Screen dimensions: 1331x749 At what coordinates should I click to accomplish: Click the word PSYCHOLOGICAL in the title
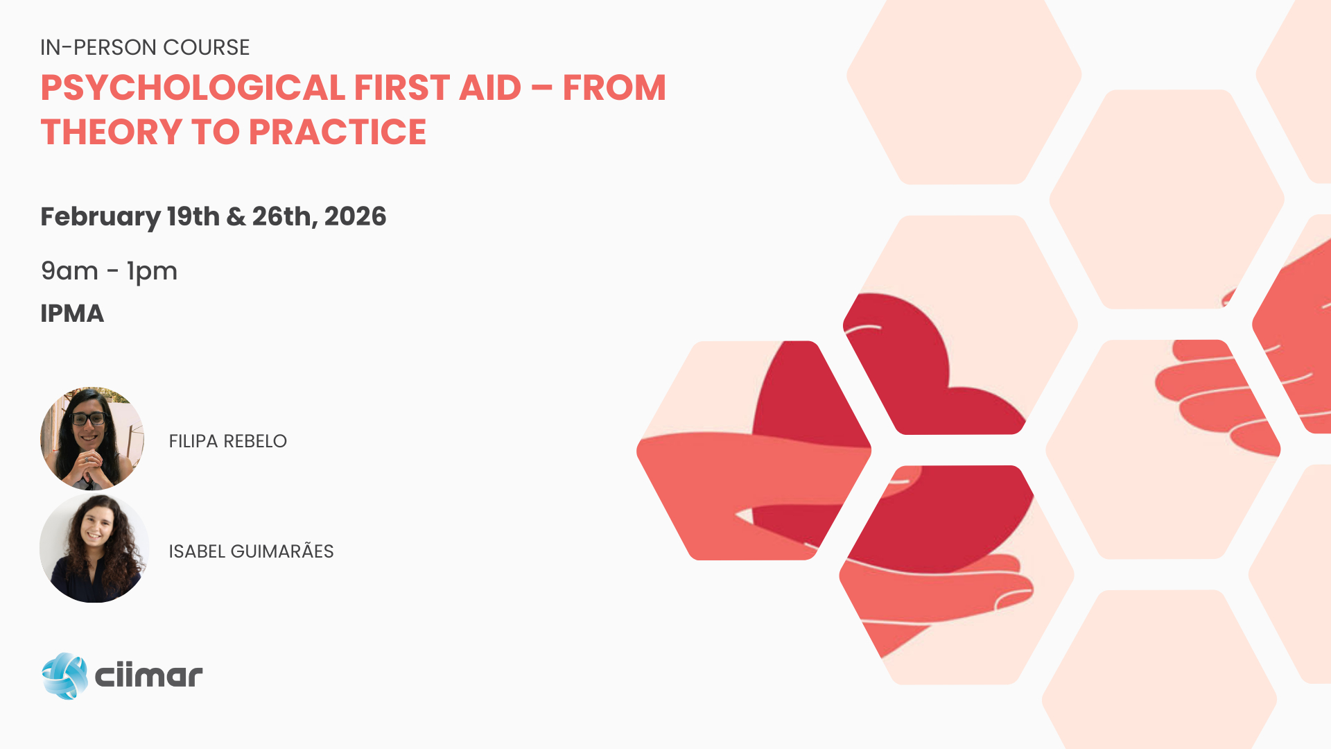coord(193,88)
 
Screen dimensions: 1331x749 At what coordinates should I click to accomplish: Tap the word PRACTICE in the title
coord(338,132)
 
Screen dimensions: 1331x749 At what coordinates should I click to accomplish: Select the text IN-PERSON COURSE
coord(145,47)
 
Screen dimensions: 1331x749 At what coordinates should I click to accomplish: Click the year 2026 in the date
coord(355,216)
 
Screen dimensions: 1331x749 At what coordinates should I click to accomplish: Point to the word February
coord(101,218)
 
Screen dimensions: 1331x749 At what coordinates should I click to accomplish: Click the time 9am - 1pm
coord(109,272)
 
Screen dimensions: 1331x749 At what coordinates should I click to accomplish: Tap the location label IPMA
coord(72,313)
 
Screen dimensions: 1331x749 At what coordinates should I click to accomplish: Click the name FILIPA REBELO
coord(227,441)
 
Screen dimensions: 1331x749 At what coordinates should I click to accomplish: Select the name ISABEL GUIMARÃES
coord(251,551)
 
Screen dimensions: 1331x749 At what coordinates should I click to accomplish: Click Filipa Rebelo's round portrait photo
coord(92,439)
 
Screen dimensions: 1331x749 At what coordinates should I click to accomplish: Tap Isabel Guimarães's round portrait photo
coord(94,548)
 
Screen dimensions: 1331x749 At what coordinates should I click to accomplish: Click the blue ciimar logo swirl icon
coord(64,675)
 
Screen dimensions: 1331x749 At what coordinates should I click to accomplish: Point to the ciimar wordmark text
coord(148,675)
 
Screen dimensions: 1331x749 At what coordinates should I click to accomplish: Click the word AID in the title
coord(490,88)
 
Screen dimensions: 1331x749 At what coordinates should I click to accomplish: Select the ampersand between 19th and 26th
coord(236,216)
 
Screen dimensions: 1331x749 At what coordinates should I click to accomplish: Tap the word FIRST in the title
coord(402,88)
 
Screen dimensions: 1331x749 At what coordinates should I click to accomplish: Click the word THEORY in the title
coord(112,132)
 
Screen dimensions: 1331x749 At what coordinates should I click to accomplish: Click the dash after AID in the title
coord(542,89)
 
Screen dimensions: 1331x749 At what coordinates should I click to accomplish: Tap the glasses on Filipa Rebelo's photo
coord(88,418)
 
